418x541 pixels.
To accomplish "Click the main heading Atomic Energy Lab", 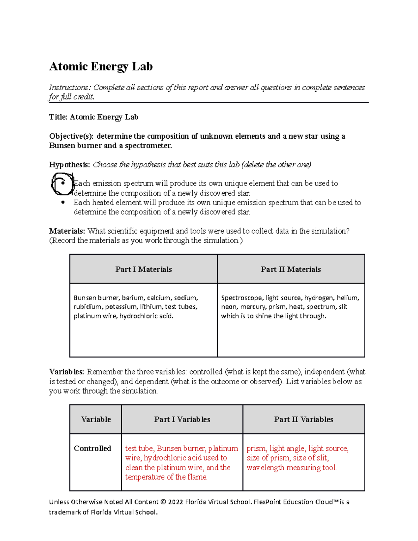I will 101,67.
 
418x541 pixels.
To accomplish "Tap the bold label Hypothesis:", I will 70,165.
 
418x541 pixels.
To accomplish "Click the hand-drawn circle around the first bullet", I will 62,184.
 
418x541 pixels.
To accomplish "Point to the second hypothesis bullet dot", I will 63,202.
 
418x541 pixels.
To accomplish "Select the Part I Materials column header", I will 144,269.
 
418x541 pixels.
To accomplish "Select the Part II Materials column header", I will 291,269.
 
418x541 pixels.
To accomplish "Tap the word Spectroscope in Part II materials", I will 241,298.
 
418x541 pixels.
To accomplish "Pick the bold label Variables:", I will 67,372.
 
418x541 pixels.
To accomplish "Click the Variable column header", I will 96,419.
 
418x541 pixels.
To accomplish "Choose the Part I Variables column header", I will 182,419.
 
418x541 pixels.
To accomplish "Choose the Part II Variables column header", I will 303,419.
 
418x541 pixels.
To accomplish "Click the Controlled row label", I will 92,448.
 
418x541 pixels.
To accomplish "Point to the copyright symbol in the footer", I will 163,502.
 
